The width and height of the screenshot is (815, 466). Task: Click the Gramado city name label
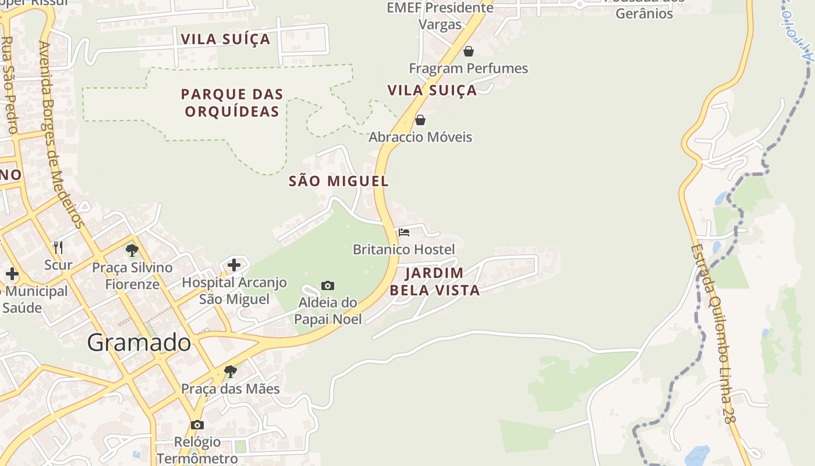pyautogui.click(x=139, y=343)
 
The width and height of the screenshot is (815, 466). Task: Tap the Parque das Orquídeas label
pyautogui.click(x=232, y=103)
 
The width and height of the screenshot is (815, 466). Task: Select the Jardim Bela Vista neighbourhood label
pyautogui.click(x=434, y=281)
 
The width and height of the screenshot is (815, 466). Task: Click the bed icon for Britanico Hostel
pyautogui.click(x=404, y=232)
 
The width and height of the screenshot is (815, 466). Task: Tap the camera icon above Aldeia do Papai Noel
pyautogui.click(x=328, y=285)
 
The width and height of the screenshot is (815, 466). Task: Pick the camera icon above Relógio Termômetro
pyautogui.click(x=197, y=425)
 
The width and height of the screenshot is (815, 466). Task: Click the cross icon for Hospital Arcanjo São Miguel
pyautogui.click(x=234, y=265)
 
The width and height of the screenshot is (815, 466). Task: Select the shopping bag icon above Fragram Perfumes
pyautogui.click(x=469, y=51)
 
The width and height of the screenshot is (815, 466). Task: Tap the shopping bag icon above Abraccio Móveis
pyautogui.click(x=420, y=120)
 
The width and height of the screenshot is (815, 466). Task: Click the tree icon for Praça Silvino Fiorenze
pyautogui.click(x=132, y=250)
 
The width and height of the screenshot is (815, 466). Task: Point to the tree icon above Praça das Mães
pyautogui.click(x=231, y=371)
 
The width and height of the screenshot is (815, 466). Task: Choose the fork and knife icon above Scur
pyautogui.click(x=58, y=248)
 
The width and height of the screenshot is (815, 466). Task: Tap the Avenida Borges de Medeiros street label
pyautogui.click(x=61, y=134)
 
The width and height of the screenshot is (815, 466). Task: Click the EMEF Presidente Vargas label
pyautogui.click(x=440, y=16)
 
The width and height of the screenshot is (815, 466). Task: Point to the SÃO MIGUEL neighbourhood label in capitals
pyautogui.click(x=339, y=181)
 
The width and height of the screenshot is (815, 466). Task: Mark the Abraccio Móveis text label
pyautogui.click(x=420, y=137)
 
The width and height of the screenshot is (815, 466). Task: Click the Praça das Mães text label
pyautogui.click(x=231, y=389)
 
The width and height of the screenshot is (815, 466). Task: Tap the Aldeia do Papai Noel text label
pyautogui.click(x=328, y=310)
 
